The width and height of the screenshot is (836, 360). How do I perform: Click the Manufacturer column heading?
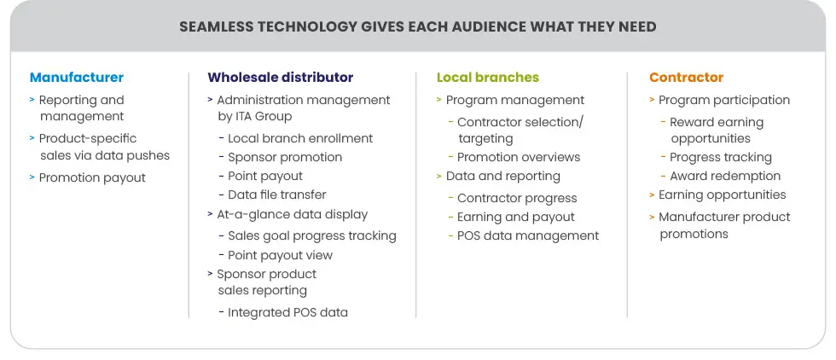tap(77, 78)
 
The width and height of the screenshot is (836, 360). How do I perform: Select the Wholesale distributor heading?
tap(280, 78)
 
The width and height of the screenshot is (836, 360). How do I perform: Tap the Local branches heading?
tap(488, 78)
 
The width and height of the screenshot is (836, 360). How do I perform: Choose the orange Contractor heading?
tap(686, 78)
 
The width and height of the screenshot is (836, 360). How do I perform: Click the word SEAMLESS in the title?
tap(214, 26)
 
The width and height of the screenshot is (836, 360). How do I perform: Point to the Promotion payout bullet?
tap(92, 177)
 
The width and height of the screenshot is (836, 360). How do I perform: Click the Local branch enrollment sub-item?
tap(300, 138)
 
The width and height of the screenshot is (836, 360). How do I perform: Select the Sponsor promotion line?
tap(285, 157)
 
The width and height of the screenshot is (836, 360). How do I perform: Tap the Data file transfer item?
tap(277, 195)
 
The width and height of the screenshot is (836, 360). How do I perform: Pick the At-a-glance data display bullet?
tap(292, 214)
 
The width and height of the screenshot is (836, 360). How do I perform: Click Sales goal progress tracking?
tap(312, 235)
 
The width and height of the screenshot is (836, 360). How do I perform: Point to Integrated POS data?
tap(287, 312)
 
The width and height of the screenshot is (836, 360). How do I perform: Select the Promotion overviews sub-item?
tap(518, 157)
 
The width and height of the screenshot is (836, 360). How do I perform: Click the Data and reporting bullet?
tap(502, 177)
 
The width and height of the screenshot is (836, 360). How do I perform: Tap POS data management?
tap(528, 235)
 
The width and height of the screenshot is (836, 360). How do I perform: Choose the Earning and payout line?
tap(516, 217)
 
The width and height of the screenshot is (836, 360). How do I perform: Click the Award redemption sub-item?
tap(725, 176)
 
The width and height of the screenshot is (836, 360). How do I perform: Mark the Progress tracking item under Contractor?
tap(721, 157)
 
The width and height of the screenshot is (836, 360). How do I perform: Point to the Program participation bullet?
tap(724, 100)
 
